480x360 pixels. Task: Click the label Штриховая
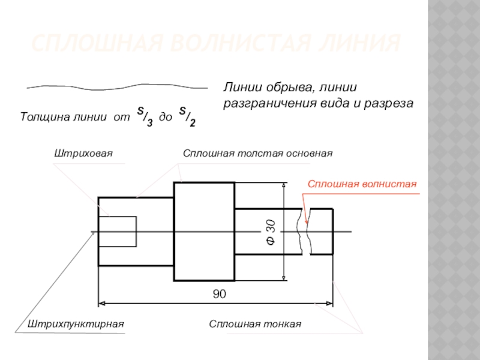coord(84,154)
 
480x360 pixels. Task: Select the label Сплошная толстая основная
coord(257,154)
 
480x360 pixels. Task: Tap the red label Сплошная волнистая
coord(362,184)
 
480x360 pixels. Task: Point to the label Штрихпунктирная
coord(76,324)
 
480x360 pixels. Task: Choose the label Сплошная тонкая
coord(254,324)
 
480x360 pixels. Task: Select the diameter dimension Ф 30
coord(271,232)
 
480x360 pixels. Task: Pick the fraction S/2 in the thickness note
coord(187,116)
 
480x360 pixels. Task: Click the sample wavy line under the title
coord(117,87)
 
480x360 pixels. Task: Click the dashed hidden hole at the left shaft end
coord(118,232)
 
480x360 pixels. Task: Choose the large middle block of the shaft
coord(204,232)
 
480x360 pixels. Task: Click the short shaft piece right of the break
coord(322,232)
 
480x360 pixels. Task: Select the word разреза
coord(393,103)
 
